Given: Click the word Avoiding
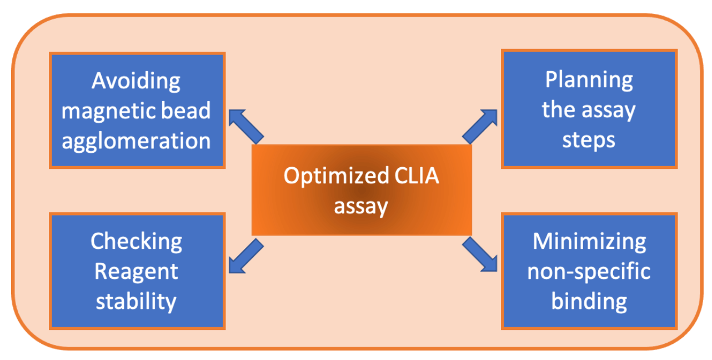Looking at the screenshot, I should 136,81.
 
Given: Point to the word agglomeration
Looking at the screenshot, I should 136,141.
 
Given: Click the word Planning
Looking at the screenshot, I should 589,80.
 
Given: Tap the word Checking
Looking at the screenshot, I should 136,242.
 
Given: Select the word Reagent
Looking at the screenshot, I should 136,272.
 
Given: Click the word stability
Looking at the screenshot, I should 136,302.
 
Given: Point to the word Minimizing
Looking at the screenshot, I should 589,242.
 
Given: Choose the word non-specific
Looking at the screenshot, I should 589,272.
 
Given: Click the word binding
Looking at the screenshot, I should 589,302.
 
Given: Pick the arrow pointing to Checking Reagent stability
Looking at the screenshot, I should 244,257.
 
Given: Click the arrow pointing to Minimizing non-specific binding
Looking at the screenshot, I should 480,254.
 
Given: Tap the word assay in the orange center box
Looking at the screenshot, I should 360,207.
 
